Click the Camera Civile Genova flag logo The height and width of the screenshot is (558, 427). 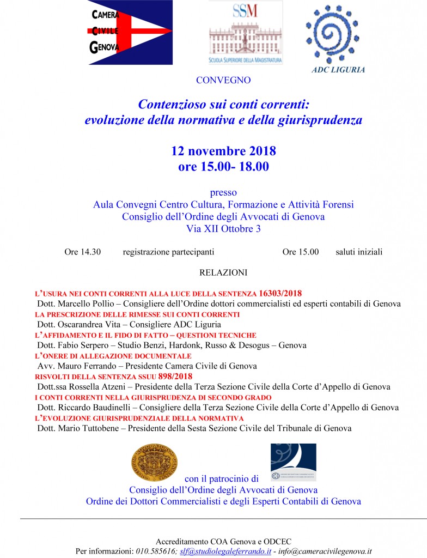[130, 32]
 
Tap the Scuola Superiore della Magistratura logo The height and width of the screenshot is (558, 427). [246, 32]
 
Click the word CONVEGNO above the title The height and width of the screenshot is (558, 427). [223, 80]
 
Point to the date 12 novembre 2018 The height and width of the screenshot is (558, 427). [223, 151]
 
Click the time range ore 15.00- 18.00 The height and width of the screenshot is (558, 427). [223, 167]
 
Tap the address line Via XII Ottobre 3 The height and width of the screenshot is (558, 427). [223, 229]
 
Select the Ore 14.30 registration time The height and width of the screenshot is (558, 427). [82, 252]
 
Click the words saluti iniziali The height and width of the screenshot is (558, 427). [355, 252]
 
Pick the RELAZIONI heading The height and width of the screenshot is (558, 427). [223, 272]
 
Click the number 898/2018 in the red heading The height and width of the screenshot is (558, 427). [175, 376]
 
